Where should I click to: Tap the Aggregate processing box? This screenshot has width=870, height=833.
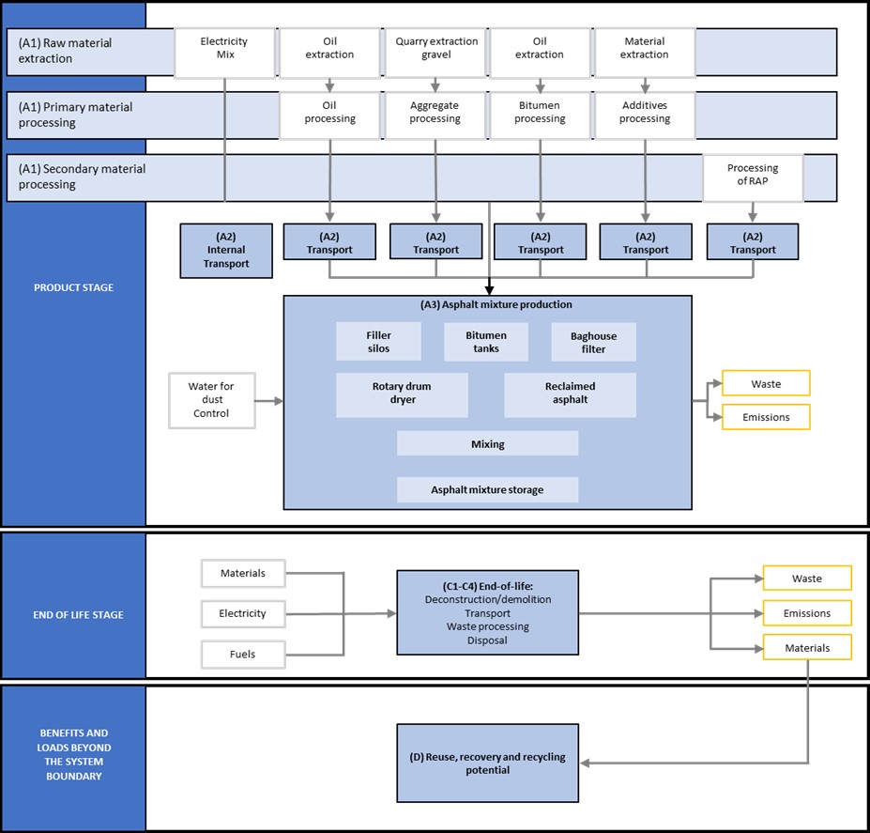(x=435, y=113)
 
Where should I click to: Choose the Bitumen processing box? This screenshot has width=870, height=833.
(x=540, y=113)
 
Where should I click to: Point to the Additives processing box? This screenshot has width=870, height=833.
(x=645, y=113)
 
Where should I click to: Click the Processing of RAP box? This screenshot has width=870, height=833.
(x=753, y=176)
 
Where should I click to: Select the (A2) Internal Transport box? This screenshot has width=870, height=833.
(x=226, y=251)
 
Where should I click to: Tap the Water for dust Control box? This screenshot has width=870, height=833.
(x=211, y=401)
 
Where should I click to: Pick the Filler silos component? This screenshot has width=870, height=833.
(x=378, y=342)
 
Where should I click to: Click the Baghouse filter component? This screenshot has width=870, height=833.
(x=593, y=342)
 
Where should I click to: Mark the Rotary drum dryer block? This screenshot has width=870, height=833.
(x=402, y=394)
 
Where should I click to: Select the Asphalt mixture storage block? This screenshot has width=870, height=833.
(x=487, y=489)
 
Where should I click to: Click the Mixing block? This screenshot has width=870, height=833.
(x=487, y=443)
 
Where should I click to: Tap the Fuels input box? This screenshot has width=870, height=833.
(x=243, y=654)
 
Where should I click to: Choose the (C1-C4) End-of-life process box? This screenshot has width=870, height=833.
(x=488, y=612)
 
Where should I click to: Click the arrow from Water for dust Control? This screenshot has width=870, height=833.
(x=269, y=401)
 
